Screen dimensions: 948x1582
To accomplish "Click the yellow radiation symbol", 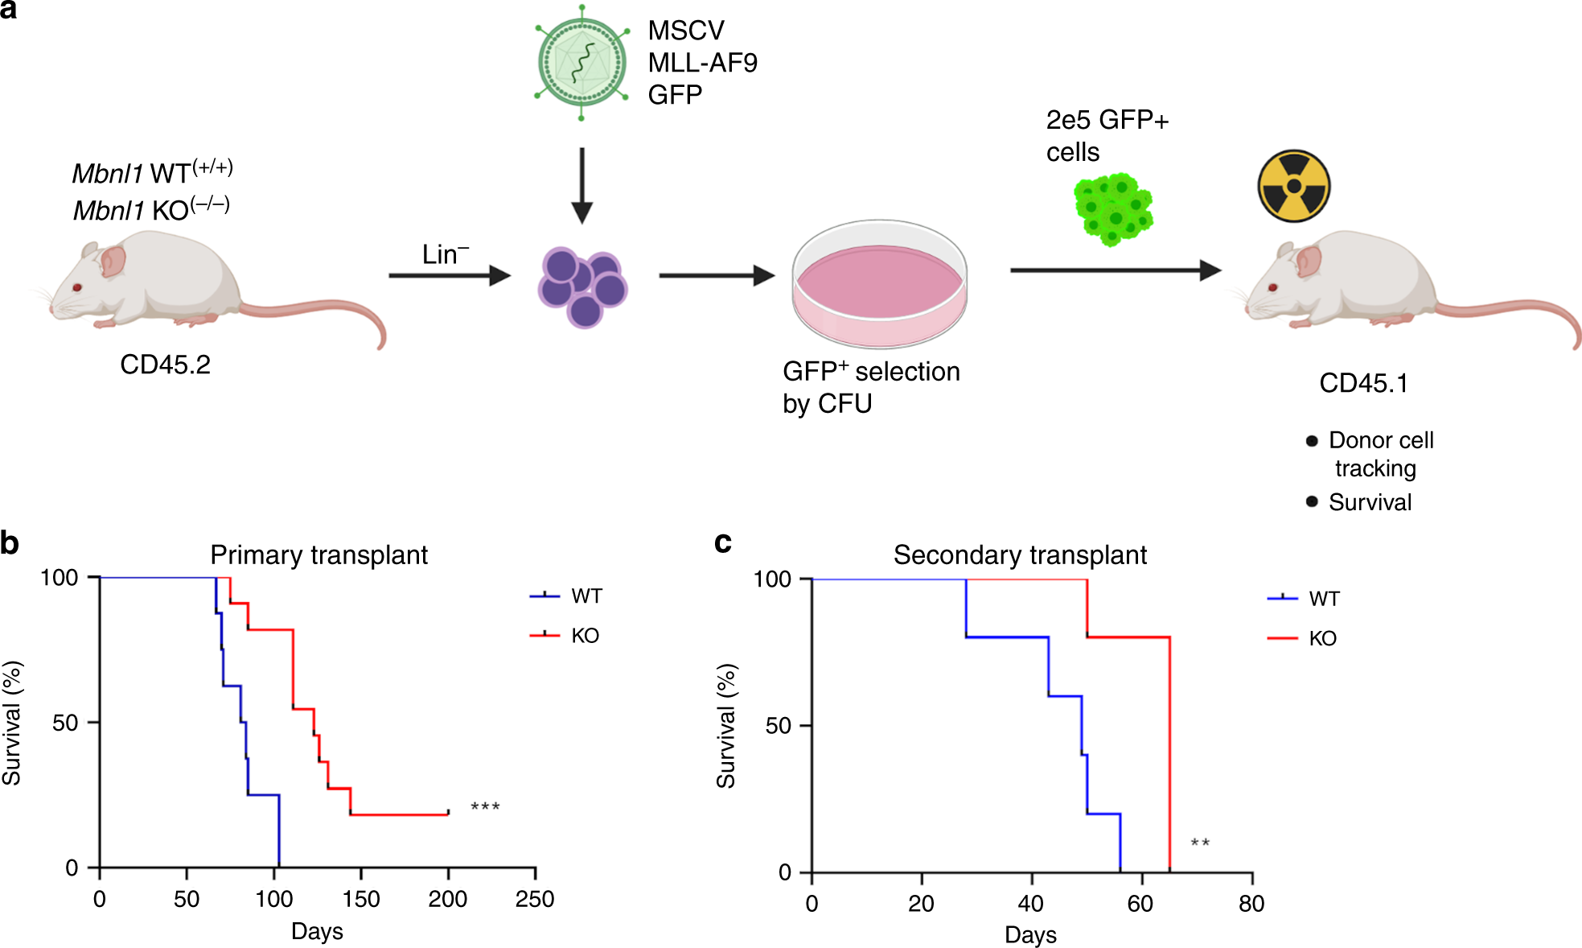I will tap(1293, 186).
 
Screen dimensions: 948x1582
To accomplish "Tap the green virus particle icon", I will tap(581, 63).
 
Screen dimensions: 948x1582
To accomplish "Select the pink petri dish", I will tap(879, 284).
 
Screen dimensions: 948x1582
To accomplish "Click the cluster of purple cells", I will tap(582, 286).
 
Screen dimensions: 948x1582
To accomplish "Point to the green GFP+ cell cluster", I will tap(1114, 209).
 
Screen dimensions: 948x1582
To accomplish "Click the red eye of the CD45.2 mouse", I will tap(77, 287).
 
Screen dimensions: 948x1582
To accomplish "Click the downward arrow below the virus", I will tap(581, 185).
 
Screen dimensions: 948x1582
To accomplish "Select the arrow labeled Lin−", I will tap(449, 275).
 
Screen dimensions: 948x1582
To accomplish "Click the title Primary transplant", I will tap(318, 555).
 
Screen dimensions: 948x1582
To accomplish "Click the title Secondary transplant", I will tap(1020, 555).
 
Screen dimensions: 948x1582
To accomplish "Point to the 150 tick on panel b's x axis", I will tap(361, 898).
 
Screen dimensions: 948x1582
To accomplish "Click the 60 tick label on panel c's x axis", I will tap(1140, 904).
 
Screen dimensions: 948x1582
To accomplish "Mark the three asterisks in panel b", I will tap(485, 807).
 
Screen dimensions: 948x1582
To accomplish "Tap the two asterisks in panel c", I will tap(1200, 843).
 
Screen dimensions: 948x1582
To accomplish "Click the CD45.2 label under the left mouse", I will tap(165, 365).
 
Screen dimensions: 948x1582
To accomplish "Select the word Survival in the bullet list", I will tap(1370, 502).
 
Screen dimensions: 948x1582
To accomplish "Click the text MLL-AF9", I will tap(702, 63).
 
